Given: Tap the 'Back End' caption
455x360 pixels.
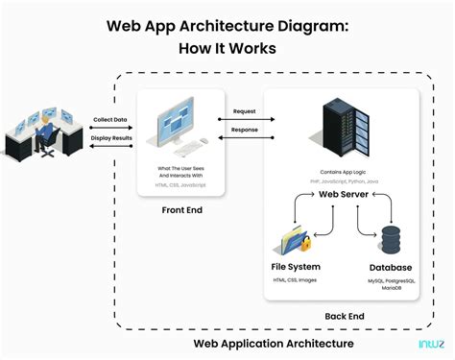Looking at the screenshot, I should [x=343, y=314].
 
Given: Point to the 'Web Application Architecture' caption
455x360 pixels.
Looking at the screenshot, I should [x=274, y=343].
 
